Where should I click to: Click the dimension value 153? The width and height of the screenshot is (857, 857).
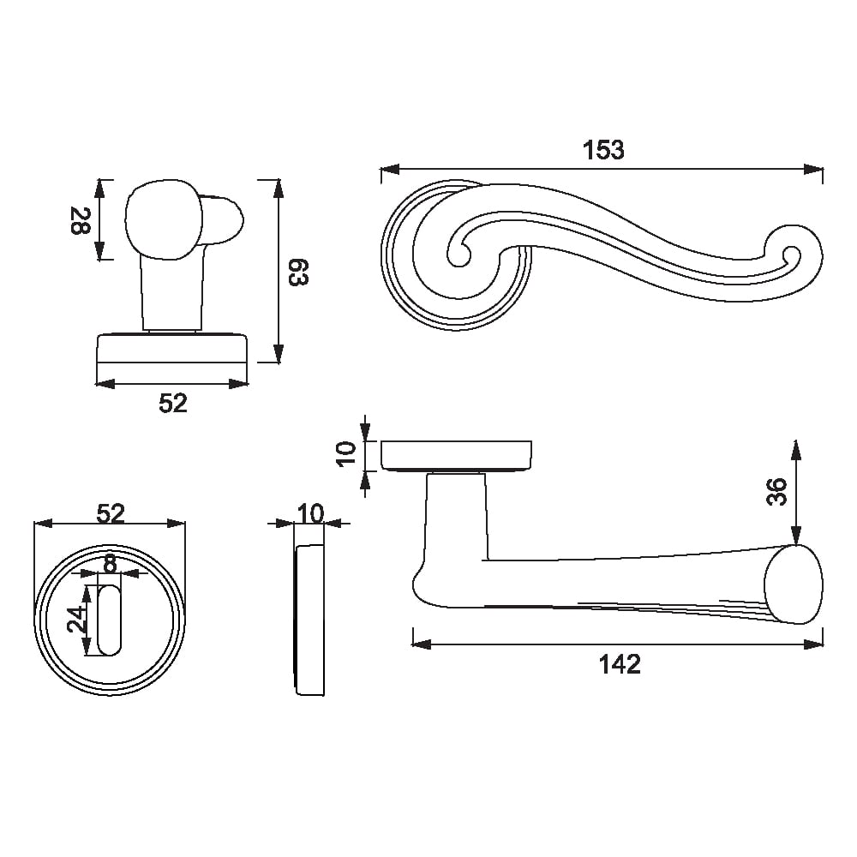[x=602, y=150]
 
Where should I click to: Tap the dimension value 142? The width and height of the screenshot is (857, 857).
[x=620, y=665]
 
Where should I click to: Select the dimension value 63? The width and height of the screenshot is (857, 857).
[x=299, y=272]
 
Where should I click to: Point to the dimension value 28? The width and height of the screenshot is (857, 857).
[x=81, y=220]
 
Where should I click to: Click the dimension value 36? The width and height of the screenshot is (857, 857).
[x=776, y=491]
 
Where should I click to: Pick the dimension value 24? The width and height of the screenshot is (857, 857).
[x=77, y=620]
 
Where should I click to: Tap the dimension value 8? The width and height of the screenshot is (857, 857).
[x=111, y=564]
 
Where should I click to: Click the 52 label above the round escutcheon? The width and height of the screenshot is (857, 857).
[x=111, y=513]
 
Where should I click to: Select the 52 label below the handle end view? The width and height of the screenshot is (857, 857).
[x=173, y=404]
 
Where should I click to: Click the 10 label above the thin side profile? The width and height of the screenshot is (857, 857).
[x=311, y=513]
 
